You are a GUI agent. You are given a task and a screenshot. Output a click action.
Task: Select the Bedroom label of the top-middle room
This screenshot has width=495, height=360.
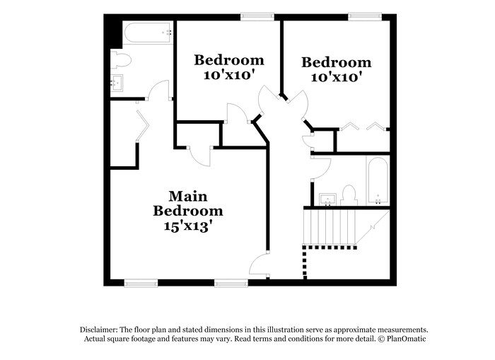229,60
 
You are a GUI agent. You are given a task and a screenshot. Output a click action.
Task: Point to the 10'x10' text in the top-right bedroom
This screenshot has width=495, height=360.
337,76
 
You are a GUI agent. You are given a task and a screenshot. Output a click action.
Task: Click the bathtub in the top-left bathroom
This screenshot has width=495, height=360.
147,33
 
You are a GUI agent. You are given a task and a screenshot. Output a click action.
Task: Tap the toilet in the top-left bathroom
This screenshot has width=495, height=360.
120,61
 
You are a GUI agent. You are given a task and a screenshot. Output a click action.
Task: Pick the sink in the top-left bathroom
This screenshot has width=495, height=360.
117,84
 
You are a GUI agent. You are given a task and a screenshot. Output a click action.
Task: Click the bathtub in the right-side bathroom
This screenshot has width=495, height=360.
377,180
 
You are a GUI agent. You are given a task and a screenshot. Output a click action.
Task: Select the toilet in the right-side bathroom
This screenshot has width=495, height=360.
348,194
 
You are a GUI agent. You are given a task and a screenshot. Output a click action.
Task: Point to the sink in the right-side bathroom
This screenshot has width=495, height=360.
326,197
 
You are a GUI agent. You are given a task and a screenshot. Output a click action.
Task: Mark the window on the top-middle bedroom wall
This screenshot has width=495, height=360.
257,16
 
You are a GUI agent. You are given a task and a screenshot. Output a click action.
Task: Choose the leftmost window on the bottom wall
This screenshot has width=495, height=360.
140,284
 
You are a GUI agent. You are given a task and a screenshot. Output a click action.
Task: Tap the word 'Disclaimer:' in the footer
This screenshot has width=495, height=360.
98,330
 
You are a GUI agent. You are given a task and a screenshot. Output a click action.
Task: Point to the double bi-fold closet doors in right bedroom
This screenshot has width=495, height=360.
363,127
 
